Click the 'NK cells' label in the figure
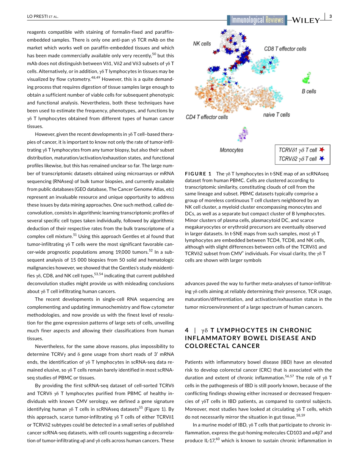point(202,44)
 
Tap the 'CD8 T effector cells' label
point(285,49)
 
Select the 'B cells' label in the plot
point(309,91)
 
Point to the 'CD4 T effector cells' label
point(207,117)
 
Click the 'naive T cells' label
point(276,115)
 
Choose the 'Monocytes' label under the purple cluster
point(232,150)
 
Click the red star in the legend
point(322,150)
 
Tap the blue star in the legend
point(322,159)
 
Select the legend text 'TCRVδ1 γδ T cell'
point(298,150)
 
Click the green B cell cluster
point(306,79)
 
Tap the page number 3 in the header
point(330,16)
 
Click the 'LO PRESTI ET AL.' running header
point(42,16)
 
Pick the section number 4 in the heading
point(187,330)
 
